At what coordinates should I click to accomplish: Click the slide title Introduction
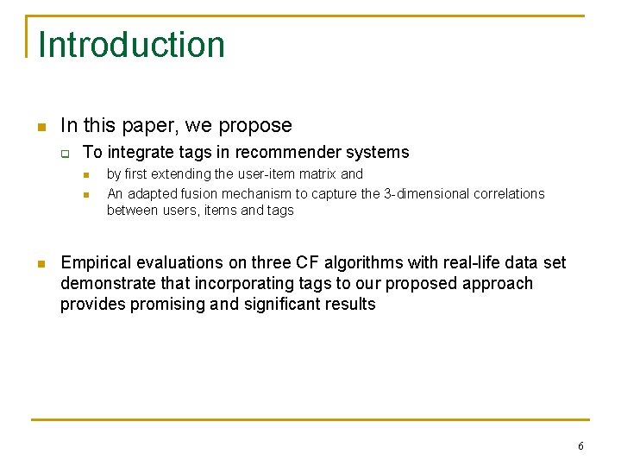tap(131, 45)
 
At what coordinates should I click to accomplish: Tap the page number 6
tap(580, 446)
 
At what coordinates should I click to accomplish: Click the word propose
tap(255, 126)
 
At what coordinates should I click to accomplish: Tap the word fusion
tap(204, 193)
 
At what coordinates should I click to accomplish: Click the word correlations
tap(508, 193)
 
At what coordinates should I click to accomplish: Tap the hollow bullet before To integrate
tap(64, 154)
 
